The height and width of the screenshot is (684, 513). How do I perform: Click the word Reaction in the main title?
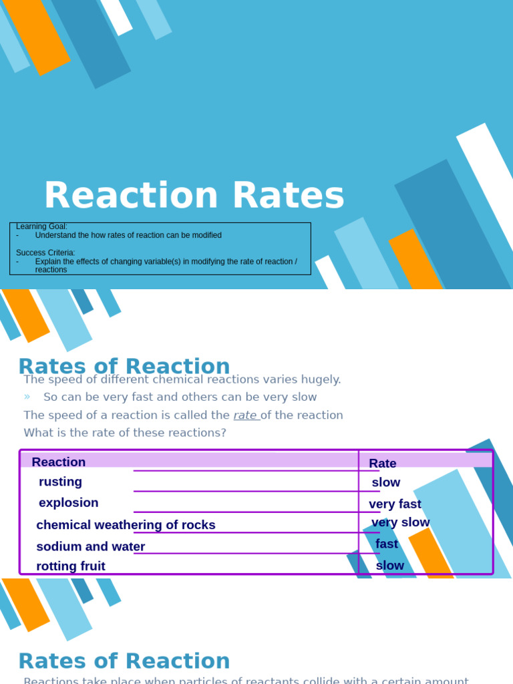130,196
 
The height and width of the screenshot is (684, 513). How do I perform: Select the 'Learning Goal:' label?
41,227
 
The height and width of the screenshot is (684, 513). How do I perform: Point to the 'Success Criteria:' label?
45,253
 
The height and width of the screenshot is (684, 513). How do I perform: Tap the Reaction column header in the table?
59,462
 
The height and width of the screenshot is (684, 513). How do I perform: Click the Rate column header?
383,464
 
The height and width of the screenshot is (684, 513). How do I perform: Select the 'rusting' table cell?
60,482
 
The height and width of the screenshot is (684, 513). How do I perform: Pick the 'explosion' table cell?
68,503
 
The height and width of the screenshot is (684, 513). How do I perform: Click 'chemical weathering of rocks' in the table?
126,525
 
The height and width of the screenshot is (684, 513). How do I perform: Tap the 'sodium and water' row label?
90,546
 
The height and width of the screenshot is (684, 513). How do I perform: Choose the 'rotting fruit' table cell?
71,566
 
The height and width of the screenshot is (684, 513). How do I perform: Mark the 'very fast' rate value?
395,504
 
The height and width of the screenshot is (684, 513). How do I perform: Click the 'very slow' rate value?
400,522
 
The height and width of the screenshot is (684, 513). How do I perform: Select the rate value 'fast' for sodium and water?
387,544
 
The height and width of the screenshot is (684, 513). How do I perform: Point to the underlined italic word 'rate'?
245,415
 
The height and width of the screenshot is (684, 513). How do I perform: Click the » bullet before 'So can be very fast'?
27,397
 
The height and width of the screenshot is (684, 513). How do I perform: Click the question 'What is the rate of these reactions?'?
125,433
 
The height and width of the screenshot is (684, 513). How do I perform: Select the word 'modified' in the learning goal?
204,236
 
